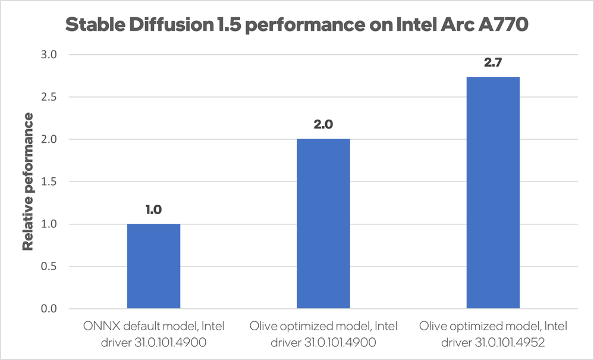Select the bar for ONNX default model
coord(153,266)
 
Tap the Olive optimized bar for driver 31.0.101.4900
coord(323,224)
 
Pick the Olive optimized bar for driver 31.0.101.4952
coord(493,193)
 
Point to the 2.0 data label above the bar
coord(323,126)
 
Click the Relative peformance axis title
coord(28,181)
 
